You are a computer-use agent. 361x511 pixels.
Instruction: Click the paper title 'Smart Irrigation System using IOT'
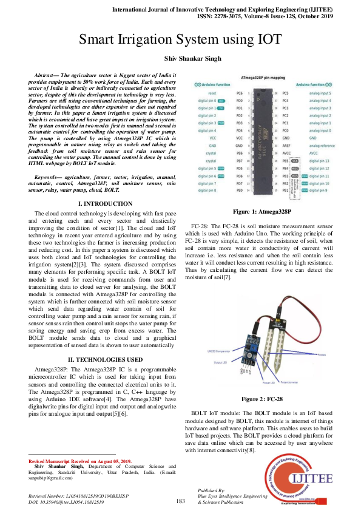pyautogui.click(x=180, y=39)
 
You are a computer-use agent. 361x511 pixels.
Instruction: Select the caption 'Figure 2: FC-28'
pyautogui.click(x=262, y=399)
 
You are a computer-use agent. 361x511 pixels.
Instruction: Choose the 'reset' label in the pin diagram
pyautogui.click(x=212, y=93)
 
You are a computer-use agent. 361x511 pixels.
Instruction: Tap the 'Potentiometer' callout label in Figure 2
pyautogui.click(x=286, y=384)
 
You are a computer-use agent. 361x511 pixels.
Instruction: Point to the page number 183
pyautogui.click(x=180, y=501)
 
